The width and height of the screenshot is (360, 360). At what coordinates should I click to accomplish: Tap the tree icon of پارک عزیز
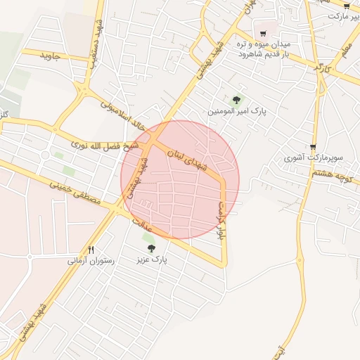(150, 247)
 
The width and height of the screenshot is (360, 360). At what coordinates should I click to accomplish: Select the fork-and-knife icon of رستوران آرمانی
(91, 250)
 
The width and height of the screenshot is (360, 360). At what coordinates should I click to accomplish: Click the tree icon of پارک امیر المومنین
(236, 100)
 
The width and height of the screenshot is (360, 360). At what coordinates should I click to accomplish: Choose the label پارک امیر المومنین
(236, 112)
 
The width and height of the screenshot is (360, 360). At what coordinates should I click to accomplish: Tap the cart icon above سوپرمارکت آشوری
(313, 147)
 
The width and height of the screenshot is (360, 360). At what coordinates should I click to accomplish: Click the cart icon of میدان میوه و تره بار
(263, 33)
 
